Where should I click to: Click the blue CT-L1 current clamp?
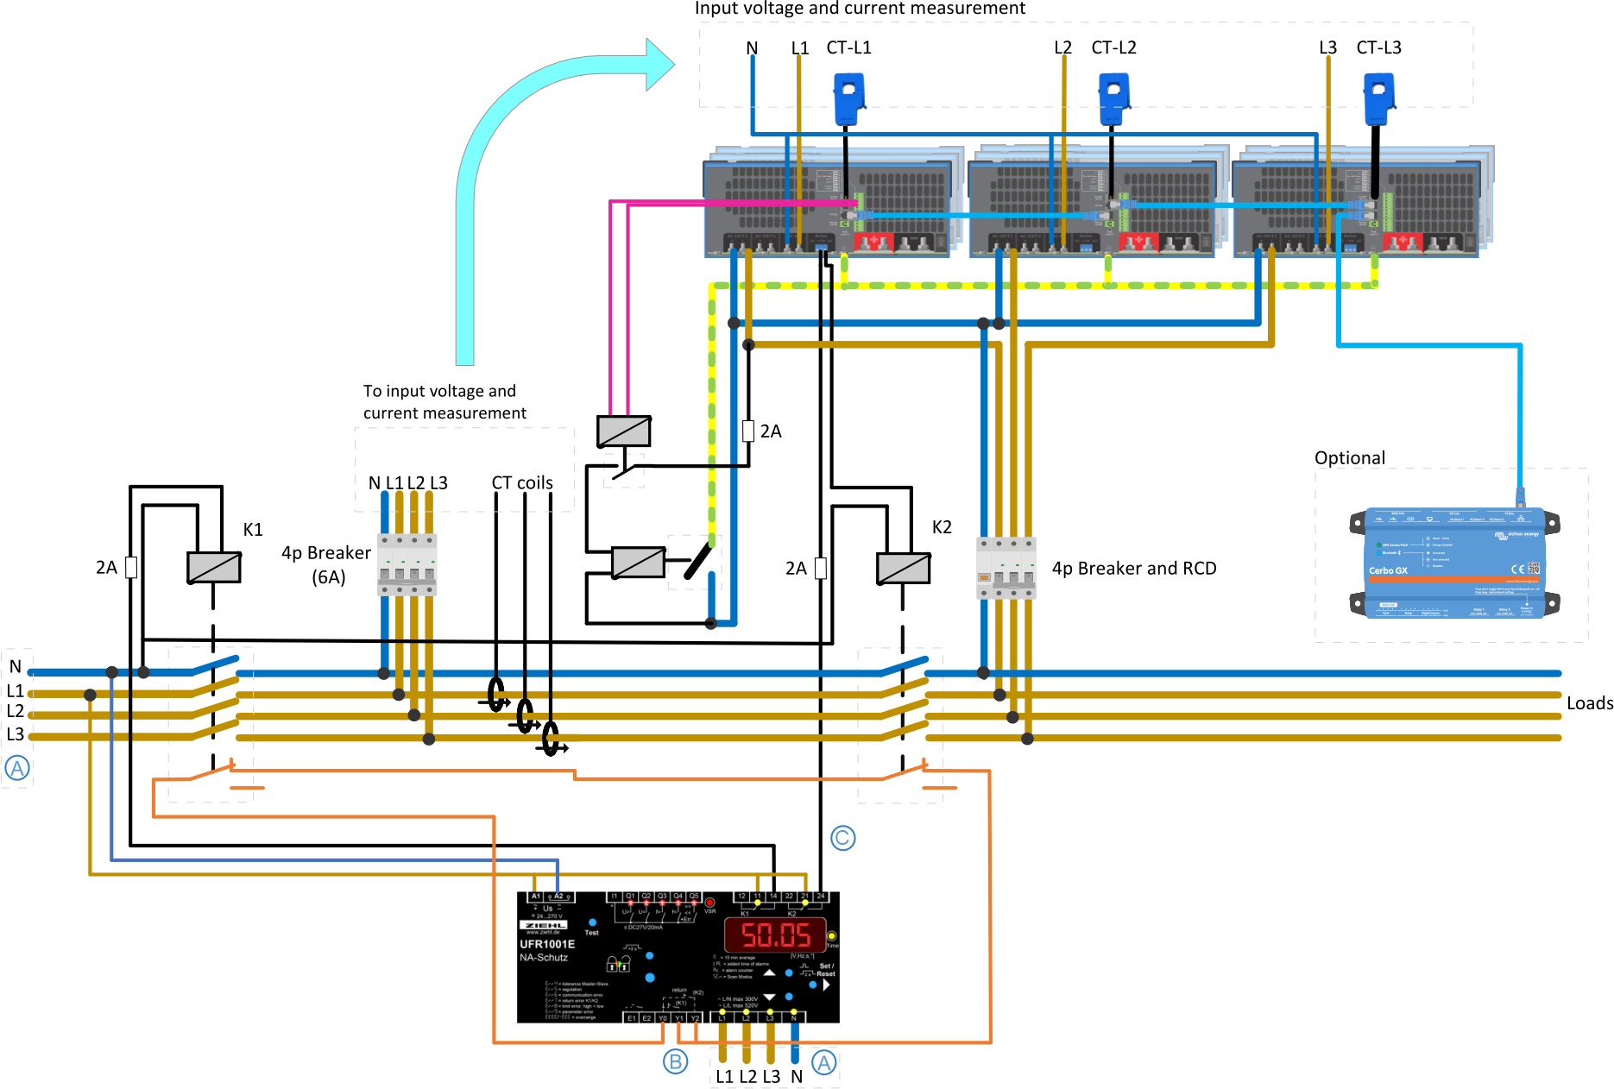(x=849, y=98)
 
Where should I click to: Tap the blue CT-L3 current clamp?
(x=1378, y=98)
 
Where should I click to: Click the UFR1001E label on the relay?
(x=547, y=944)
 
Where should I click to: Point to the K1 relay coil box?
(x=214, y=567)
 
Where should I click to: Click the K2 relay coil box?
(x=903, y=568)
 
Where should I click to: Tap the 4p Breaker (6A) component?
(x=407, y=564)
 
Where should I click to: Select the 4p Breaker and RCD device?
(x=1006, y=567)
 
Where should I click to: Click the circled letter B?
(x=675, y=1061)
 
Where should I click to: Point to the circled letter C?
(x=842, y=837)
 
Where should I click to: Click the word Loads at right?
(x=1589, y=703)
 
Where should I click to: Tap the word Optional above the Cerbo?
(x=1349, y=458)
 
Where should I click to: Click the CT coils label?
(x=521, y=483)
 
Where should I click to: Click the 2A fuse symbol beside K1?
(x=131, y=567)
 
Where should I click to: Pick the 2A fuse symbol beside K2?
(x=820, y=568)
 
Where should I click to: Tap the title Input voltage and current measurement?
(x=860, y=9)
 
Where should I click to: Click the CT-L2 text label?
(x=1113, y=47)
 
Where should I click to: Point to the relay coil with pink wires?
(x=623, y=431)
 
